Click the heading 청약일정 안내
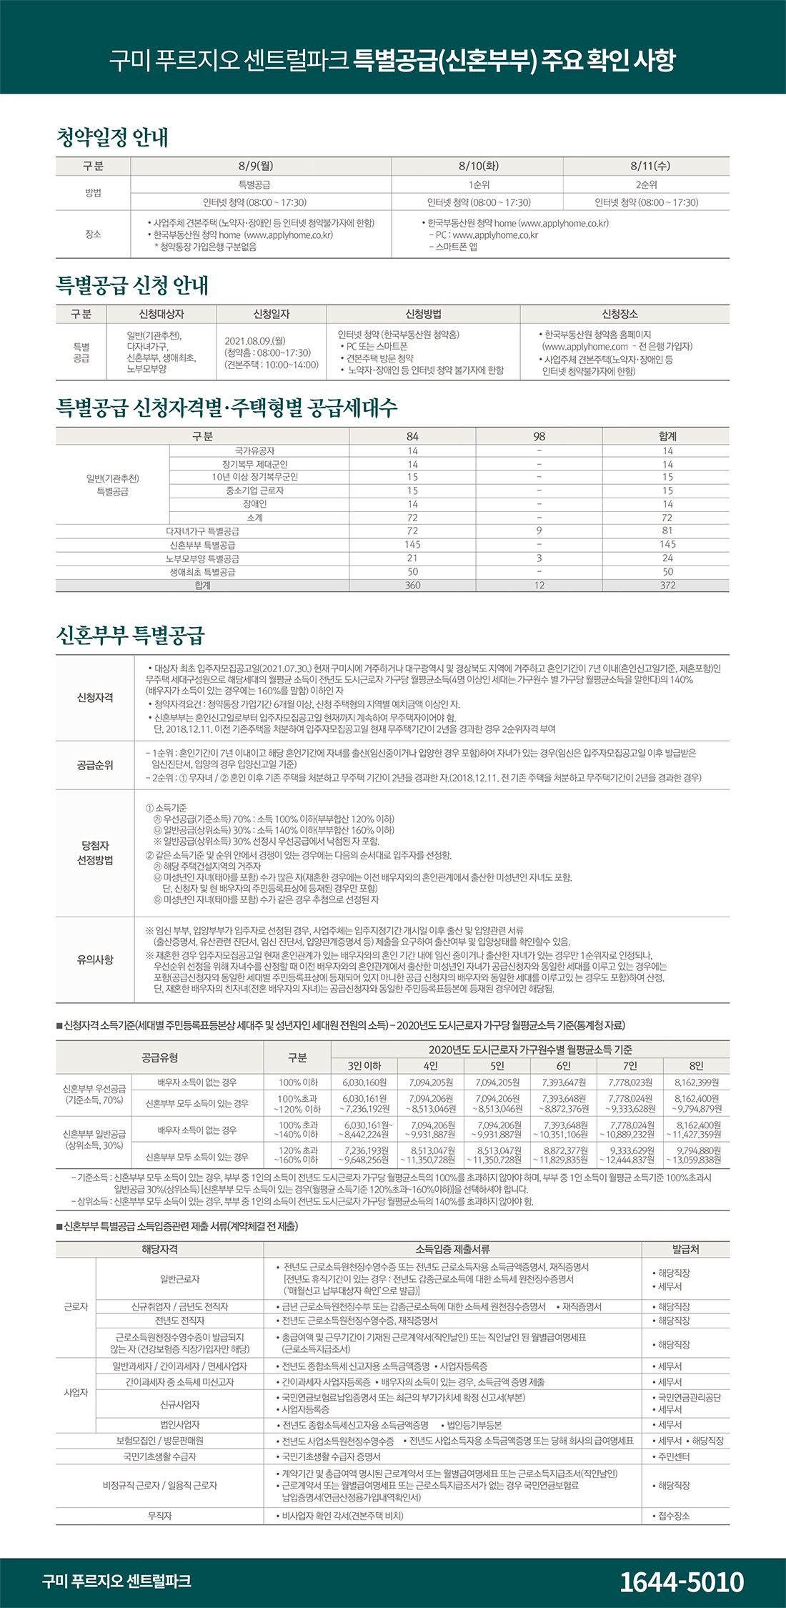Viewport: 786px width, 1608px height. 112,137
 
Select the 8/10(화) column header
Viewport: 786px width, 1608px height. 478,166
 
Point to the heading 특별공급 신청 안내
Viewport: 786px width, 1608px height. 132,285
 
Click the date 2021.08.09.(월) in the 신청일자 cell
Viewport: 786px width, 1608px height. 255,341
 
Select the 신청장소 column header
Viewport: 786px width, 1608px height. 620,314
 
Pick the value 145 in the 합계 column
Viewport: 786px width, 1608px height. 667,545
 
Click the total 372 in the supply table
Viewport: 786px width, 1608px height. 667,586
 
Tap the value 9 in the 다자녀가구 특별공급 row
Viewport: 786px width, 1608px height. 539,531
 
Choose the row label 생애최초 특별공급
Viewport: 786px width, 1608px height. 202,572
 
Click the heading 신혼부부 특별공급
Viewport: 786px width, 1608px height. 131,634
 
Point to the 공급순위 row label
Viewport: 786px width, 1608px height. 95,765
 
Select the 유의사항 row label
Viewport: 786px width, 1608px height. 95,960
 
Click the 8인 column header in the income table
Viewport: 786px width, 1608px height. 696,1066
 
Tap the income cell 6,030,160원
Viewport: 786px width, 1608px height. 364,1082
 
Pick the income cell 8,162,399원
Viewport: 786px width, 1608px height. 696,1082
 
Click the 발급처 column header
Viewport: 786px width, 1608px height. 685,1249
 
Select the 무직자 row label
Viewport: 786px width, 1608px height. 159,1516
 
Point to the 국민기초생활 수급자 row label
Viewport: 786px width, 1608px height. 159,1456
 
